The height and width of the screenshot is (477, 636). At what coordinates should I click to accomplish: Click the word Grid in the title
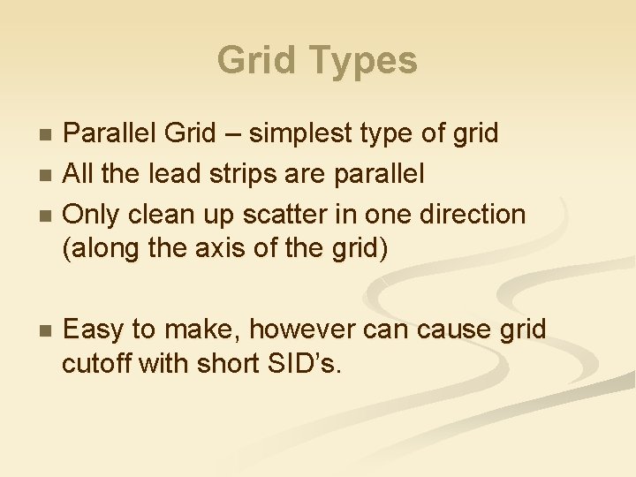pyautogui.click(x=258, y=61)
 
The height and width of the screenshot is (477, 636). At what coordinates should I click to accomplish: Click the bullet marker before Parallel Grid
pyautogui.click(x=48, y=134)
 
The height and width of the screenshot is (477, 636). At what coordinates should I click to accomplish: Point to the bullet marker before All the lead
pyautogui.click(x=48, y=175)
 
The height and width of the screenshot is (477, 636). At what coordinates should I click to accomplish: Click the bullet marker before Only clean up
pyautogui.click(x=48, y=216)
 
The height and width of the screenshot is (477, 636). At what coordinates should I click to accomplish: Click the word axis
pyautogui.click(x=209, y=249)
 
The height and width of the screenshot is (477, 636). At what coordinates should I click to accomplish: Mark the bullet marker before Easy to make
pyautogui.click(x=48, y=331)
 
